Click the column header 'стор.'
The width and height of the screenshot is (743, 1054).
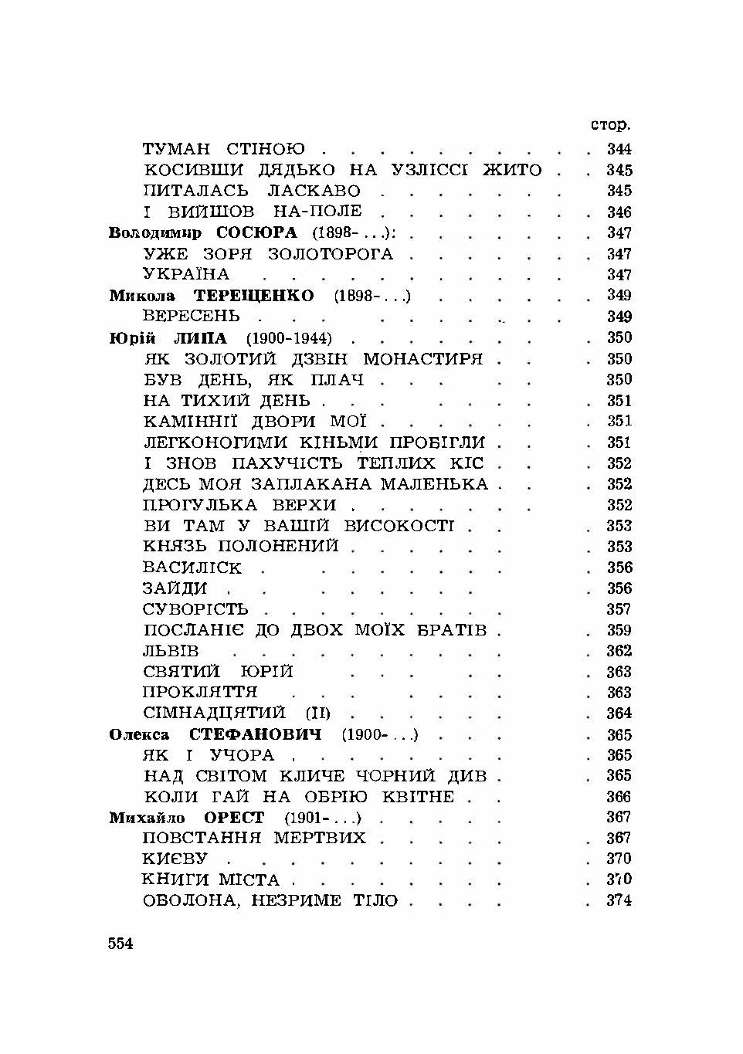coord(610,125)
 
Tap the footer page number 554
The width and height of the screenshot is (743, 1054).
coord(121,943)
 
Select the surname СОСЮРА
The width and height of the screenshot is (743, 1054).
coord(256,233)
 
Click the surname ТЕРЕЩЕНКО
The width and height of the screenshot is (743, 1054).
coord(253,296)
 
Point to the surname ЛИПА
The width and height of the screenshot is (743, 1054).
coord(202,338)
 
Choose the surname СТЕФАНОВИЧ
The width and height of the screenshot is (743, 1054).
coord(255,734)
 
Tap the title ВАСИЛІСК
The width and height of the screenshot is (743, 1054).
coord(192,568)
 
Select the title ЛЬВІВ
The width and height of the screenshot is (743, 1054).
coord(171,651)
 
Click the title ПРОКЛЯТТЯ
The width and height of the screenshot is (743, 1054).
coord(200,692)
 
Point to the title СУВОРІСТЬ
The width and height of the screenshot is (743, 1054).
coord(195,609)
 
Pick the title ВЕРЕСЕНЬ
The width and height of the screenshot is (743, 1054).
coord(192,317)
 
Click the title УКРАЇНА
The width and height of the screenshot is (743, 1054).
coord(186,274)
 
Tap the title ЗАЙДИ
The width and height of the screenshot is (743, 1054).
coord(175,588)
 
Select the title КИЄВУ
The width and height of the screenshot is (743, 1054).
coord(175,859)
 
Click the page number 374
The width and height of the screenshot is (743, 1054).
coord(619,900)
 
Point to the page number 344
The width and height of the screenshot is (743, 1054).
coord(619,149)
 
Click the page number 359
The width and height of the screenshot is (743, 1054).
coord(619,630)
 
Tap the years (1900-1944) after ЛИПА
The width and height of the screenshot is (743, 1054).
coord(289,338)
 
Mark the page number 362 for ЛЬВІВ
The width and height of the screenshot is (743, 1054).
coord(619,651)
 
